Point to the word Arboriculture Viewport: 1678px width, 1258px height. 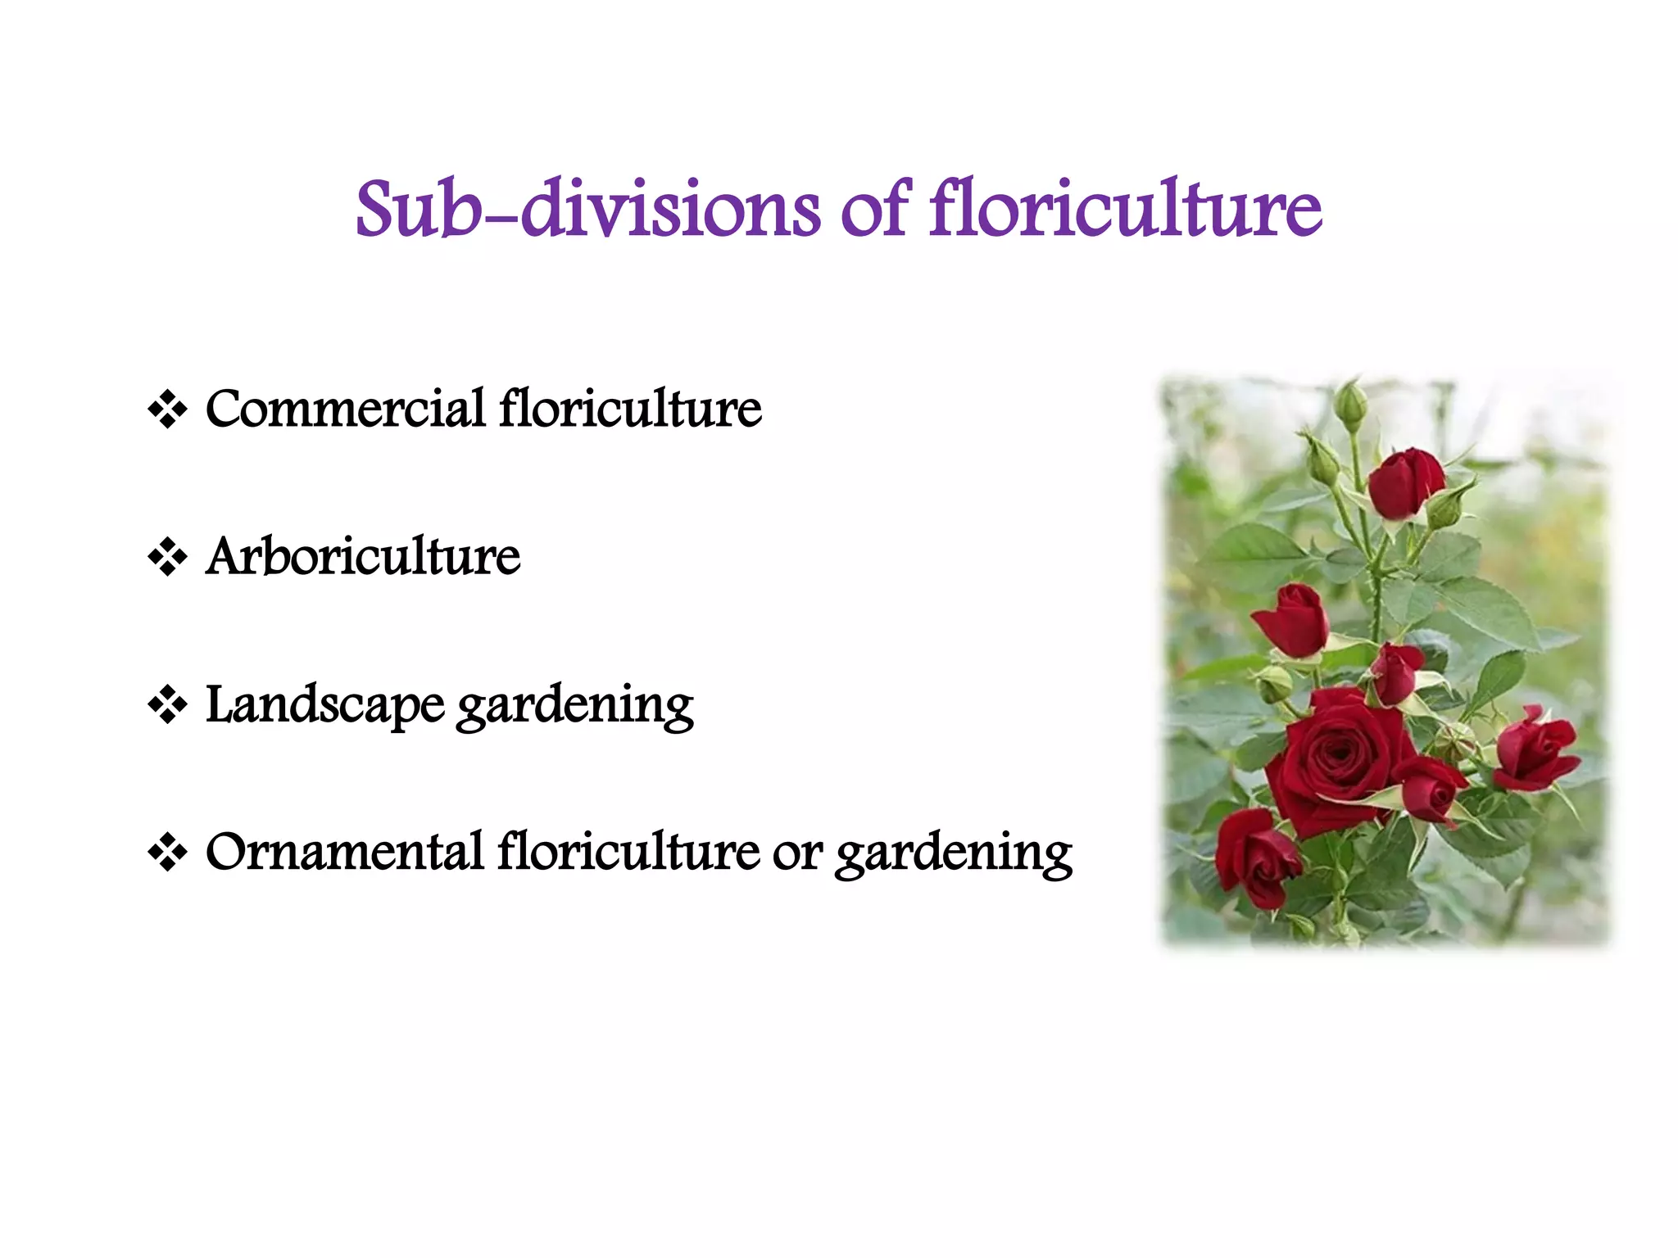tap(363, 556)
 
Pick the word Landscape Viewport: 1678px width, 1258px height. tap(324, 704)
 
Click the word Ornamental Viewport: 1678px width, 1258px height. tap(344, 852)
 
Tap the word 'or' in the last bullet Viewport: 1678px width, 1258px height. tap(796, 853)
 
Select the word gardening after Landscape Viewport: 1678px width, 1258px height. tap(575, 706)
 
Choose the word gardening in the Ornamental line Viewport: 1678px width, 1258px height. tap(954, 853)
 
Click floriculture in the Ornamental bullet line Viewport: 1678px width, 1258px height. tap(628, 852)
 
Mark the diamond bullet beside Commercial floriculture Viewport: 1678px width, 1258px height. tap(167, 409)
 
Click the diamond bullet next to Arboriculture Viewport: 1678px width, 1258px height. tap(167, 557)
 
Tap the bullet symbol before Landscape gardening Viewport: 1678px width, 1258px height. tap(167, 704)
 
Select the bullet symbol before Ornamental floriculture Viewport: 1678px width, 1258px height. tap(167, 853)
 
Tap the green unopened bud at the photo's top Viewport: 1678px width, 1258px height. tap(1350, 405)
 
